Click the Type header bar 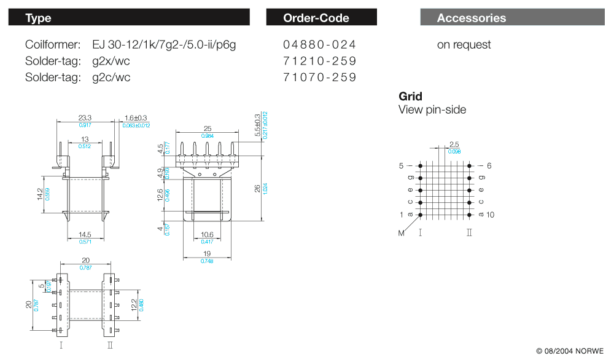click(x=129, y=17)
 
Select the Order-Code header click(x=321, y=17)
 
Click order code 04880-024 click(x=319, y=45)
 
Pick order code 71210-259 click(x=319, y=61)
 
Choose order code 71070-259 click(x=319, y=77)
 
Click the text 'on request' click(x=464, y=45)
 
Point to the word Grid click(x=410, y=97)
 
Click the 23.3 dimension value click(x=85, y=117)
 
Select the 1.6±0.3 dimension click(x=136, y=117)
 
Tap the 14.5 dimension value click(x=85, y=234)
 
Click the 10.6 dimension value click(x=207, y=234)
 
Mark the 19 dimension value click(x=207, y=253)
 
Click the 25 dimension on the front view click(x=207, y=129)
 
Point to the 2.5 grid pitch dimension click(x=454, y=144)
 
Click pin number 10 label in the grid click(x=490, y=215)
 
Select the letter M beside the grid click(x=401, y=233)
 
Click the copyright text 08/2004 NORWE click(x=569, y=351)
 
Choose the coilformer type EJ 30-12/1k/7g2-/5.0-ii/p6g click(x=164, y=45)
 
